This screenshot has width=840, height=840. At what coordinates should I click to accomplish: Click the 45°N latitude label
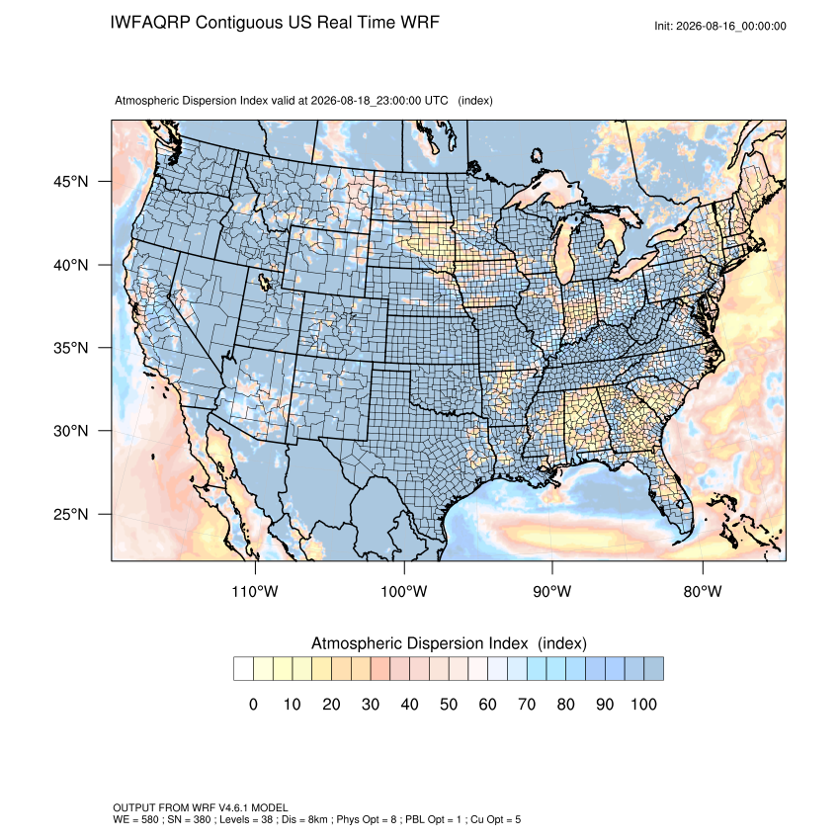coord(70,182)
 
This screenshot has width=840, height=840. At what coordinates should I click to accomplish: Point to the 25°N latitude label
coord(70,514)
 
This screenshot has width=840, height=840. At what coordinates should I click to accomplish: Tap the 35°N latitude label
coord(70,348)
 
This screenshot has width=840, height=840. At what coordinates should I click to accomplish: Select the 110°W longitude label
coord(255,591)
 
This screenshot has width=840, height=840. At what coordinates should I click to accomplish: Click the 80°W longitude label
coord(703,591)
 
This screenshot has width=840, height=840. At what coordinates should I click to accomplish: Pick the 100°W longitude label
coord(404,591)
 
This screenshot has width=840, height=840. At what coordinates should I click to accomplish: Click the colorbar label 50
coord(449,704)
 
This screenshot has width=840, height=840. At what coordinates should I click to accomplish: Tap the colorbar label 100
coord(643,704)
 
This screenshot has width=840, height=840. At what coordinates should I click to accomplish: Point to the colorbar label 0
coord(253,704)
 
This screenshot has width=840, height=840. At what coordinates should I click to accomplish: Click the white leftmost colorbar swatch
coord(243,669)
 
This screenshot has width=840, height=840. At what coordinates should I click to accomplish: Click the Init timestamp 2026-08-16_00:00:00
coord(731,27)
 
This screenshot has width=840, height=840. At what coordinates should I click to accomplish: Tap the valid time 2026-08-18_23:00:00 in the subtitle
coord(366,101)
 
